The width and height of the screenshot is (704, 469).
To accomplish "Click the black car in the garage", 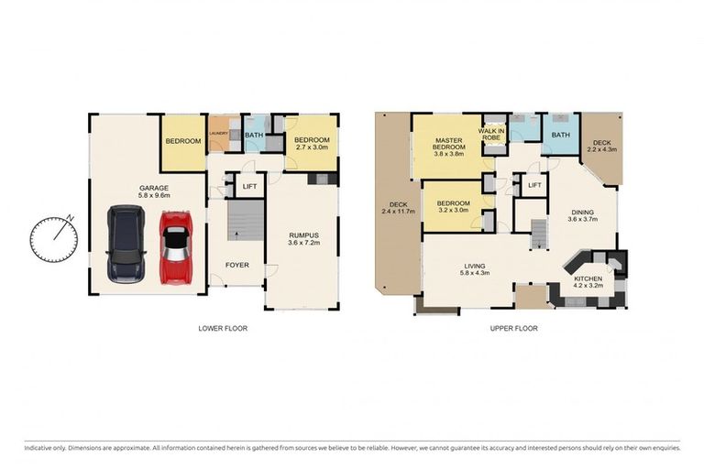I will pos(124,243).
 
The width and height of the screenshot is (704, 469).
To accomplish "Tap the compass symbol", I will pos(53,237).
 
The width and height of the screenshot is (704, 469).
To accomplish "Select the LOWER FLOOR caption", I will pos(223,328).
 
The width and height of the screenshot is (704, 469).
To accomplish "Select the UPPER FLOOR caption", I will pos(513,328).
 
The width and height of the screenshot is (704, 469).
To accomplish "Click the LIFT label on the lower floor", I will pos(248,187).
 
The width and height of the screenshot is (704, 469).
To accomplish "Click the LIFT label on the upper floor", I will pos(534,186).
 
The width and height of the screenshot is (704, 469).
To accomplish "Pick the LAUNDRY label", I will pos(218,135).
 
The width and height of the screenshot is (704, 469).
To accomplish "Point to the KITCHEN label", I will pos(587,278).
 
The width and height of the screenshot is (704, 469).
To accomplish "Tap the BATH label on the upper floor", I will pos(559,136).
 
